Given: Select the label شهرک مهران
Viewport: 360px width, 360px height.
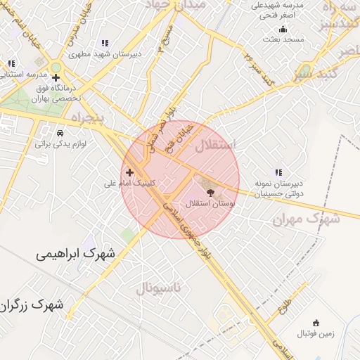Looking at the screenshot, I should point(306,219).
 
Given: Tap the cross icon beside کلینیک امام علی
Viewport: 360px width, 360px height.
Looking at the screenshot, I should point(129,172).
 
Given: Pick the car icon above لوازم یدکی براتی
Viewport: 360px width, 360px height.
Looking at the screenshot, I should point(60,133).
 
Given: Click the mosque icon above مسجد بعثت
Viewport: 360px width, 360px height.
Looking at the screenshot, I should point(283,29).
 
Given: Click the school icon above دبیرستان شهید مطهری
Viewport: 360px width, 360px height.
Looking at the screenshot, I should point(105,43).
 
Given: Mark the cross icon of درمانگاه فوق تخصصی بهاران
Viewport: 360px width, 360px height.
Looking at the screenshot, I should point(56,77).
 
